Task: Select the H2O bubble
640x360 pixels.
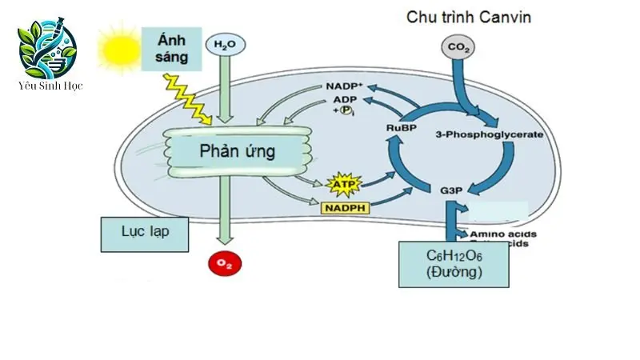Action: (224, 46)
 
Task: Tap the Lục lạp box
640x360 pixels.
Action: (145, 234)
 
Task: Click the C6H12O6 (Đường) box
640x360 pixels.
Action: (454, 263)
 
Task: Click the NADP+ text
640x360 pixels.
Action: (343, 86)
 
